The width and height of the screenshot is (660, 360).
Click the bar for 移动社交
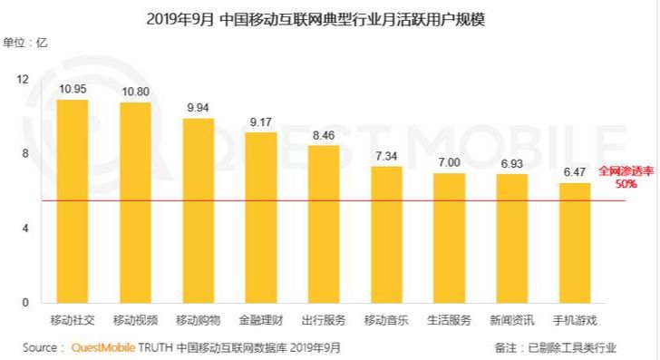click(x=72, y=200)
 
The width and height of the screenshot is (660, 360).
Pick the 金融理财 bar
click(x=261, y=217)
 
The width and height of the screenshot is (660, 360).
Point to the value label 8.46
click(x=324, y=136)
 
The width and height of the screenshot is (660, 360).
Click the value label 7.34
click(x=386, y=157)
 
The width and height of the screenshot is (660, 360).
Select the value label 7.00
click(x=449, y=163)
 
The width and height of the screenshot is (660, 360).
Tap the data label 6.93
click(x=512, y=164)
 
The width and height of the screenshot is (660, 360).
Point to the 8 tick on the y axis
click(x=26, y=153)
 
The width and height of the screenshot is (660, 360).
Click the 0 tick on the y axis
click(x=26, y=302)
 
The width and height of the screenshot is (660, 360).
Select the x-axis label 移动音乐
click(x=386, y=320)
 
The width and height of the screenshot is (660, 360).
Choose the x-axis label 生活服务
click(x=449, y=320)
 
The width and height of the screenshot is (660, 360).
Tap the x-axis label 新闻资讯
click(x=512, y=320)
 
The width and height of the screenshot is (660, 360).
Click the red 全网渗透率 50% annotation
click(x=625, y=177)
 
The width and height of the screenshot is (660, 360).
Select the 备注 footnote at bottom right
click(x=554, y=347)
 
